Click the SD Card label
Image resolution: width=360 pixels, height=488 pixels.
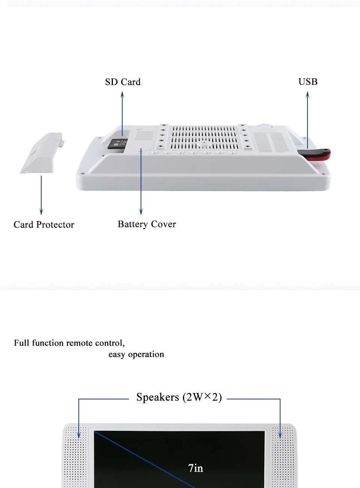pos(123,82)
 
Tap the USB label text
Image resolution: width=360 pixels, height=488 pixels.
pos(308,82)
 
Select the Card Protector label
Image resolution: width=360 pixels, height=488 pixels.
pos(44,224)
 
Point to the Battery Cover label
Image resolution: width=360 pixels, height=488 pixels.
pos(147,224)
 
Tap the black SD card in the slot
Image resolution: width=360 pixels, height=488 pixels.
pos(117,144)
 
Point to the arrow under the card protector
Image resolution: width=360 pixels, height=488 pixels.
pos(41,195)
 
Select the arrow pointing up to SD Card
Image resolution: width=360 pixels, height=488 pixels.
pos(122,113)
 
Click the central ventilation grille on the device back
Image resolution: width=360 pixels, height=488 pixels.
pos(204,138)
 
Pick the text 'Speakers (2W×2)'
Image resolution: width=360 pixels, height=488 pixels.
pos(179,397)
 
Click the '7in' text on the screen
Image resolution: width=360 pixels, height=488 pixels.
pos(195,468)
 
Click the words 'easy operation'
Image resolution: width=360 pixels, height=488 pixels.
pos(136,354)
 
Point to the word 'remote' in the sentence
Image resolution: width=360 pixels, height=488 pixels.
pos(79,343)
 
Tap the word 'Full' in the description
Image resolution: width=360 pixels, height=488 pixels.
pos(21,343)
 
